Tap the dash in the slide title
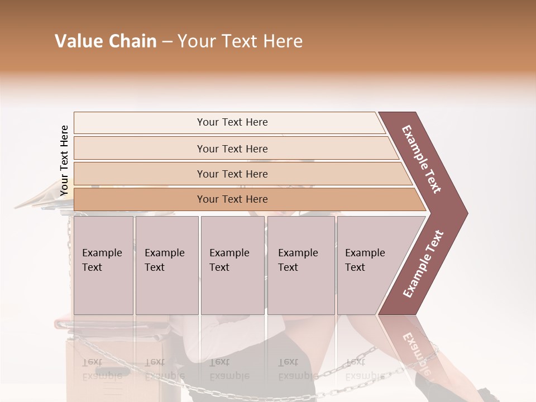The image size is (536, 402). pyautogui.click(x=167, y=42)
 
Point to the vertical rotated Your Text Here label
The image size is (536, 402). pyautogui.click(x=64, y=161)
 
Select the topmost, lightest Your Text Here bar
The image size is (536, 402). pyautogui.click(x=232, y=122)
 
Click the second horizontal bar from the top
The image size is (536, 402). pyautogui.click(x=232, y=149)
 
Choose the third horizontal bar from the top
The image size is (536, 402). pyautogui.click(x=232, y=174)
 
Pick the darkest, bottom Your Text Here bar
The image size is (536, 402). pyautogui.click(x=232, y=199)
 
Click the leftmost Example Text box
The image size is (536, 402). pyautogui.click(x=103, y=265)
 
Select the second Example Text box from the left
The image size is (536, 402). pyautogui.click(x=166, y=265)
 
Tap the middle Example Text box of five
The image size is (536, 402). pyautogui.click(x=232, y=265)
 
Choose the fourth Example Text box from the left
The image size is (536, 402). pyautogui.click(x=300, y=265)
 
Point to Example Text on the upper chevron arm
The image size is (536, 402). pyautogui.click(x=422, y=159)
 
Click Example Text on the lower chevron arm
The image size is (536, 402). pyautogui.click(x=423, y=264)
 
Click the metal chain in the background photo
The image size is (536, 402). pyautogui.click(x=357, y=360)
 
